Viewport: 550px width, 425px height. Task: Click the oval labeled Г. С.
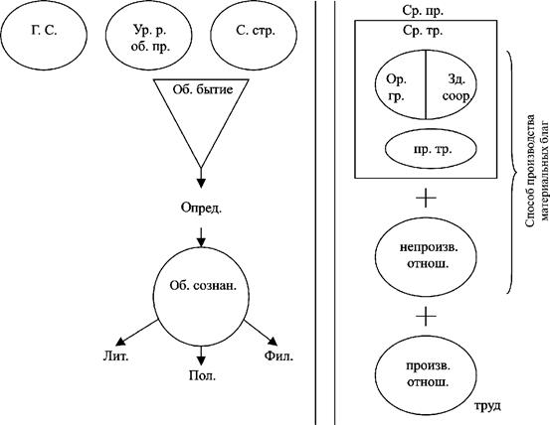coord(44,35)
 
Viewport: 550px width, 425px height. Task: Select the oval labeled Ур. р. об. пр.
coord(149,35)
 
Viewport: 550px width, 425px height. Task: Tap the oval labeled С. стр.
coord(254,35)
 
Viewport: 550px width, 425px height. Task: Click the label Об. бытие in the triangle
coord(203,89)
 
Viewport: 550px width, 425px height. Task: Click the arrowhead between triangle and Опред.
coord(201,183)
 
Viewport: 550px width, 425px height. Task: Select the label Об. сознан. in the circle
coord(203,286)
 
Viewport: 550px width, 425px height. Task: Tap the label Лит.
coord(115,356)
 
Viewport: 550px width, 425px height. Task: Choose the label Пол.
coord(202,376)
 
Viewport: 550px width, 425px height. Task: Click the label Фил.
coord(278,356)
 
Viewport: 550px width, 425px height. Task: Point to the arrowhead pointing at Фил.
coord(273,341)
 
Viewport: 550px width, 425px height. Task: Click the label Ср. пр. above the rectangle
coord(423,11)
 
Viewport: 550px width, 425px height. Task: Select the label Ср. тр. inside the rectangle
coord(423,31)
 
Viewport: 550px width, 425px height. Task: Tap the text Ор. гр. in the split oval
coord(397,87)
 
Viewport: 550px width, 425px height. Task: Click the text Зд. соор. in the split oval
coord(456,87)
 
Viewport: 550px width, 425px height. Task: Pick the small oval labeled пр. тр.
coord(431,150)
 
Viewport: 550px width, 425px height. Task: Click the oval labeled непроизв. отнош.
coord(426,256)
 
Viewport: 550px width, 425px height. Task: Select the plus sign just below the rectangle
coord(426,199)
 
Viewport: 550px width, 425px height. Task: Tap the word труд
coord(488,406)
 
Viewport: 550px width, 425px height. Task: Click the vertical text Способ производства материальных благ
coord(536,171)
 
